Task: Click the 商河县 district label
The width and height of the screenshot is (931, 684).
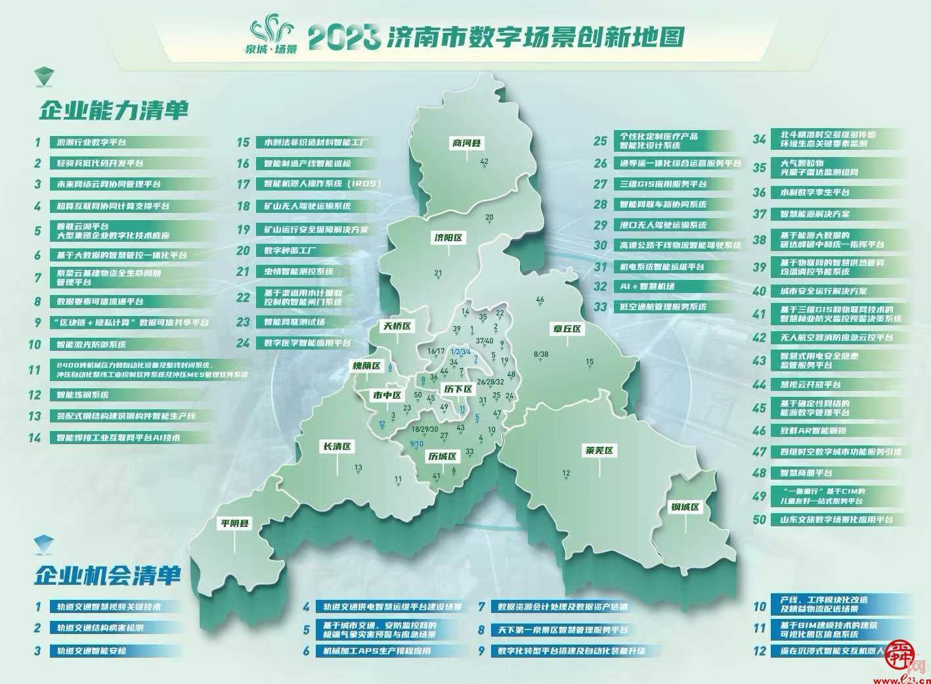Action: (x=466, y=143)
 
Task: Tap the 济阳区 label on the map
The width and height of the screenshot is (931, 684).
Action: (x=448, y=238)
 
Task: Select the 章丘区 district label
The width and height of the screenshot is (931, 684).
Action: (x=566, y=329)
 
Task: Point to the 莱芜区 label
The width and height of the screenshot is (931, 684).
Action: (x=597, y=451)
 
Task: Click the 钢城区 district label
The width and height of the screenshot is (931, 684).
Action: (x=686, y=507)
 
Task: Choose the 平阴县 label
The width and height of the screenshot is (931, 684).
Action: (x=235, y=524)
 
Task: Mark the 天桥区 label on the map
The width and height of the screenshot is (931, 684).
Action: (x=398, y=326)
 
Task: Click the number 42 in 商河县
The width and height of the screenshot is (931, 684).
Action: (x=485, y=162)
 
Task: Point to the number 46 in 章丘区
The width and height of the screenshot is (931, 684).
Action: (x=540, y=300)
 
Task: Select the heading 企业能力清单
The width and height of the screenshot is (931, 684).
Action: (x=114, y=110)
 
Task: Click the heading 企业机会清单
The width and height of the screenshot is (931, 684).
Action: (x=108, y=576)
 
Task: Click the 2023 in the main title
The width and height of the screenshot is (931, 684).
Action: (x=344, y=38)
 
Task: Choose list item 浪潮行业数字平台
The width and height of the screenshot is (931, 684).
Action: (x=91, y=142)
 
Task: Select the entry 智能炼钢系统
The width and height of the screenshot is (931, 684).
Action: (x=79, y=395)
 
